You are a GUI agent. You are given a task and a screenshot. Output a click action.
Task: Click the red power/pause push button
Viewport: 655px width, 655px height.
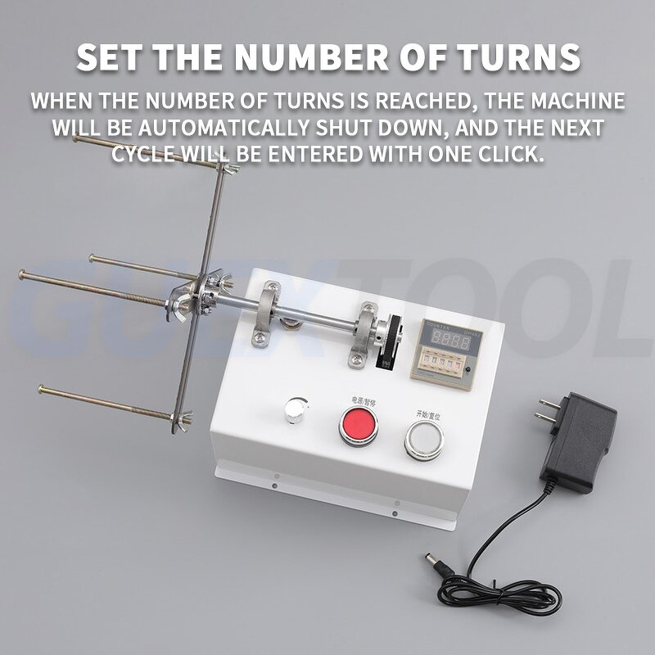click(358, 425)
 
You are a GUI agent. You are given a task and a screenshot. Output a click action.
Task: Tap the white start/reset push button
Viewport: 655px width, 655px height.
click(423, 440)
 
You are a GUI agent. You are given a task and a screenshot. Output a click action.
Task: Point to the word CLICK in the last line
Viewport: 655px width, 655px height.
click(508, 155)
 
